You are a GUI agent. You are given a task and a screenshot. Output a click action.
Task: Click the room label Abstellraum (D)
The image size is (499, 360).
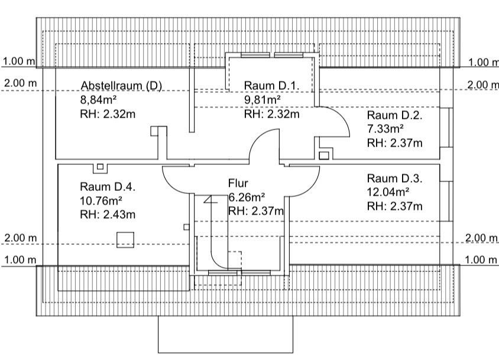click(x=121, y=85)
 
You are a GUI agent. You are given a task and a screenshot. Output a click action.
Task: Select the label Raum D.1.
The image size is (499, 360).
click(x=271, y=86)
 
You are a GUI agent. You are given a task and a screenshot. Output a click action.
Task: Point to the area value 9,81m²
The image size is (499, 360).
click(x=263, y=100)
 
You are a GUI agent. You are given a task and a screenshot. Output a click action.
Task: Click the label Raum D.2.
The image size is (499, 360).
click(x=394, y=115)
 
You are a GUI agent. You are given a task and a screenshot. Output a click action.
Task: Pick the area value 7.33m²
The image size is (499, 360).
click(x=385, y=128)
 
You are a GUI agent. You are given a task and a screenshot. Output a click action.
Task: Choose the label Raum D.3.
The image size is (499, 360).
click(x=394, y=179)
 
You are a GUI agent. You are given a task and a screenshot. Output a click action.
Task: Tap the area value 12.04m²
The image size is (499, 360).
click(x=388, y=192)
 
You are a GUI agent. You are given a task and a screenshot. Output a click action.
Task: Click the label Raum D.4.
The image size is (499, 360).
click(x=108, y=187)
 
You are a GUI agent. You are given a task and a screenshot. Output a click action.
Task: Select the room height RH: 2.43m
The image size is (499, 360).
click(x=108, y=214)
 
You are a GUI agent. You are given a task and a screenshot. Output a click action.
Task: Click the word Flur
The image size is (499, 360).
click(x=238, y=183)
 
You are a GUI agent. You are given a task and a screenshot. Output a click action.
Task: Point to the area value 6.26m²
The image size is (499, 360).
click(x=247, y=197)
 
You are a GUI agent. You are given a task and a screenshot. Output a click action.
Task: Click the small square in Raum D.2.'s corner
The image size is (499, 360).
click(x=323, y=155)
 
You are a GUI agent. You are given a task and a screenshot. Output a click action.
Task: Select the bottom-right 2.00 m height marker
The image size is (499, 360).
click(x=482, y=238)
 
